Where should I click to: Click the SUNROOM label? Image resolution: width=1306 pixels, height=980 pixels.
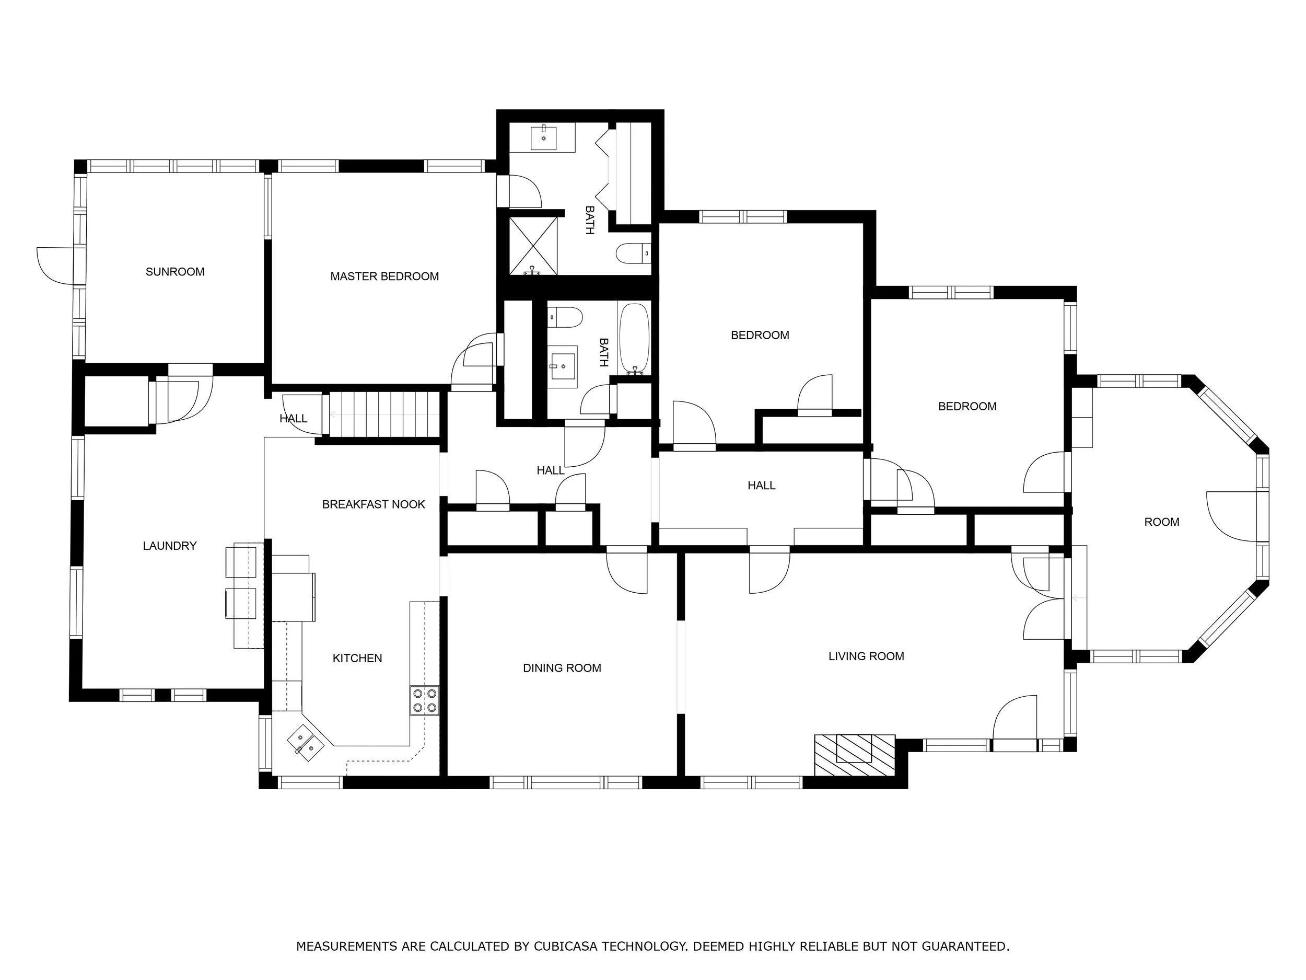click(x=175, y=272)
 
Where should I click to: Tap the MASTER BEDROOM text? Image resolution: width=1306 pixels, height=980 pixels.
click(x=384, y=276)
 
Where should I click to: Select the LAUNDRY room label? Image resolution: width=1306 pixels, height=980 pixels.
click(x=169, y=546)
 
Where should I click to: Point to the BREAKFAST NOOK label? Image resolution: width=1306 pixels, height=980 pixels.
click(x=373, y=504)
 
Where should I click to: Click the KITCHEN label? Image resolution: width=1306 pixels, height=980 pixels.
click(x=357, y=658)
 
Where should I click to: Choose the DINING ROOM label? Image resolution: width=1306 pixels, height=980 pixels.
click(x=562, y=668)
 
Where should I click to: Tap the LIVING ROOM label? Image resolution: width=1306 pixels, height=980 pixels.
click(x=866, y=656)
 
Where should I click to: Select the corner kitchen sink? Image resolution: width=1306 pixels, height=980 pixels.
click(x=305, y=743)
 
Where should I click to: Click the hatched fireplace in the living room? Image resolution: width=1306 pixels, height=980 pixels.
click(x=854, y=755)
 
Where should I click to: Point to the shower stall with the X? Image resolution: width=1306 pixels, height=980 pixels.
click(x=533, y=246)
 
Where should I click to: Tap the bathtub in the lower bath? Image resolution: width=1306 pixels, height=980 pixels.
click(x=635, y=339)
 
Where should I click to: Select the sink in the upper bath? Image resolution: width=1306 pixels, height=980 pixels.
click(x=543, y=138)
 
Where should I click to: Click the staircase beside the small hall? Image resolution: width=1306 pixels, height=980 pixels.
click(x=384, y=414)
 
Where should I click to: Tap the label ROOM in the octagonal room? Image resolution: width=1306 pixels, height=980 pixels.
click(x=1161, y=522)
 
